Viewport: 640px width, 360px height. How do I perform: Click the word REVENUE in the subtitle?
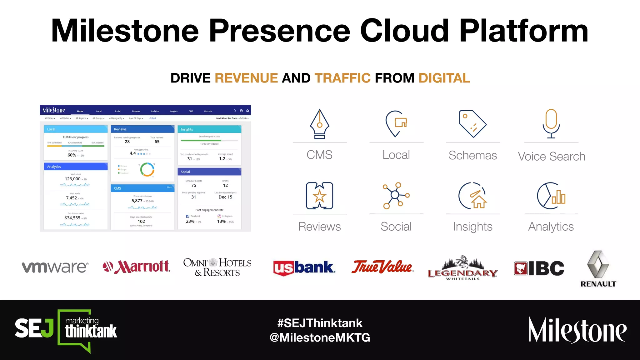tap(246, 78)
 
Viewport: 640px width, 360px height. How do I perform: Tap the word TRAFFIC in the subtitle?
tap(342, 78)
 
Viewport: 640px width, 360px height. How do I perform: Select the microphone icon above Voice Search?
tap(551, 123)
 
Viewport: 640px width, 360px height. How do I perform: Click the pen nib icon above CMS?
tap(319, 124)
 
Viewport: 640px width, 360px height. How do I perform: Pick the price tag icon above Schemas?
tap(472, 124)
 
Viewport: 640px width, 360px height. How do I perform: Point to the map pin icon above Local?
tap(396, 123)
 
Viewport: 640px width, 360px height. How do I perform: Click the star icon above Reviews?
tap(319, 196)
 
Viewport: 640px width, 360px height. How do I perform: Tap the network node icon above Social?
tap(396, 195)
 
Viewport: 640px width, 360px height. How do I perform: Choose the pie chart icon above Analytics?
tap(551, 196)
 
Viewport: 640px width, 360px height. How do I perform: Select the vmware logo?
tap(55, 267)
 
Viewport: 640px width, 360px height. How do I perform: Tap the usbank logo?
tap(304, 268)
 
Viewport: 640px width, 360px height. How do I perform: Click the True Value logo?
tap(382, 267)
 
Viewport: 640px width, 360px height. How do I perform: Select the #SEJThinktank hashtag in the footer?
tap(320, 323)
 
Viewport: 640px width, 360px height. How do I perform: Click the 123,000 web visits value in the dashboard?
tap(72, 179)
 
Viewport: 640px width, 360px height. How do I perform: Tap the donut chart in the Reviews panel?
tap(147, 169)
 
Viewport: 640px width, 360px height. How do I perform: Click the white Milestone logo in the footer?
tap(577, 330)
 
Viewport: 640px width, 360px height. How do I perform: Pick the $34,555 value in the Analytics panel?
tap(72, 218)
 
